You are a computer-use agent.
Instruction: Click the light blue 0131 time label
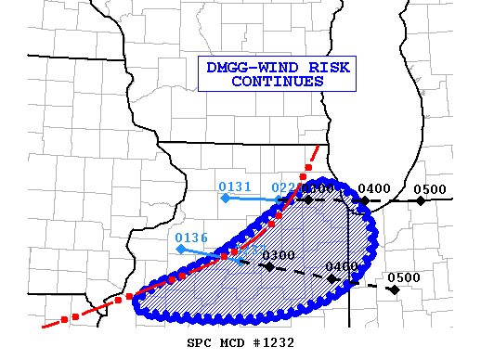(x=236, y=186)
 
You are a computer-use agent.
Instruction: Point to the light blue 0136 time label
(x=191, y=238)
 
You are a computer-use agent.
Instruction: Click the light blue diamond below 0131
(x=225, y=197)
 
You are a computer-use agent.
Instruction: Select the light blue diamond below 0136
(x=180, y=249)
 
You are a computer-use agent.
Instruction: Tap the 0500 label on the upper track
(x=430, y=189)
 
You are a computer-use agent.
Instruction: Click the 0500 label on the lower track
(x=404, y=277)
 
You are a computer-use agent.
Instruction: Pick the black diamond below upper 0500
(x=421, y=200)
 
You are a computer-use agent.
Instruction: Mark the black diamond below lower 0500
(x=394, y=289)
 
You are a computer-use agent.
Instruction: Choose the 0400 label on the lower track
(x=342, y=266)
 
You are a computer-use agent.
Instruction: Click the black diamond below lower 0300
(x=268, y=266)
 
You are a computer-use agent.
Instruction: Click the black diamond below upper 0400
(x=365, y=200)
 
